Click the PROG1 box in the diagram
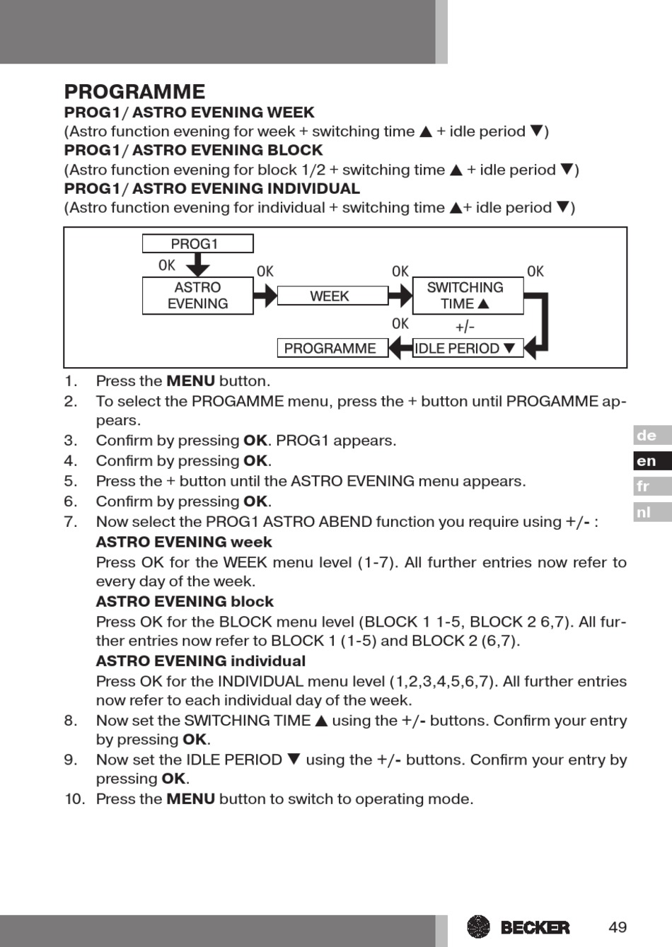point(197,244)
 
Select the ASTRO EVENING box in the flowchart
point(197,296)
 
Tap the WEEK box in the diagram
point(332,296)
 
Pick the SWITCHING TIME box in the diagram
point(467,296)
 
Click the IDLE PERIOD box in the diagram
point(467,348)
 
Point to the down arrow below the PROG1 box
point(197,265)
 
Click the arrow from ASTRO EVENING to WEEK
point(265,296)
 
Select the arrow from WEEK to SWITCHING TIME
point(400,296)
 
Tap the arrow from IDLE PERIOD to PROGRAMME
point(400,348)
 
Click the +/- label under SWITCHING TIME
point(465,327)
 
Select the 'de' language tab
point(651,436)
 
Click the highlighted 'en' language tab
point(651,461)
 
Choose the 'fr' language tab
point(651,487)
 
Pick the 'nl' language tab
point(651,512)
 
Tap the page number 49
point(618,927)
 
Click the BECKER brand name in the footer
point(534,927)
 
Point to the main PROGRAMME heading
point(134,92)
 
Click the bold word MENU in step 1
point(190,381)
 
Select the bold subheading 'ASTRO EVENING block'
point(185,602)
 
